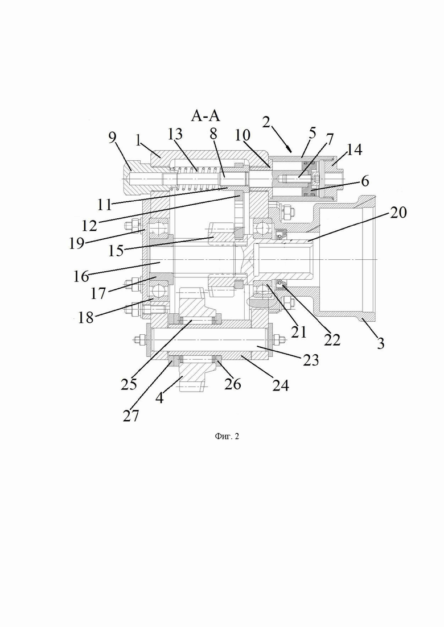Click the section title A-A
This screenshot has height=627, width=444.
(205, 115)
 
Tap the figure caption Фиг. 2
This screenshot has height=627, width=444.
(227, 436)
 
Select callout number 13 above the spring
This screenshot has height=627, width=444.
(175, 134)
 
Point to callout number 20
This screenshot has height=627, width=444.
(398, 213)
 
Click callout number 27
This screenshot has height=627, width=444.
(131, 416)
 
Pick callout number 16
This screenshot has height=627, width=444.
(81, 276)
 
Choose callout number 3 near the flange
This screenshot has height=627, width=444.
(380, 343)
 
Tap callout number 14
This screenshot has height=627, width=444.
(355, 150)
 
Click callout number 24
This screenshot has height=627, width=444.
(281, 385)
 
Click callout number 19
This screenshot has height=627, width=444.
(77, 243)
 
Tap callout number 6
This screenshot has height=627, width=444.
(365, 181)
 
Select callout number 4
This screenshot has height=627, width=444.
(159, 398)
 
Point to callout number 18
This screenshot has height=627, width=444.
(85, 318)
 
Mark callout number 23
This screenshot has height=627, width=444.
(311, 360)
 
